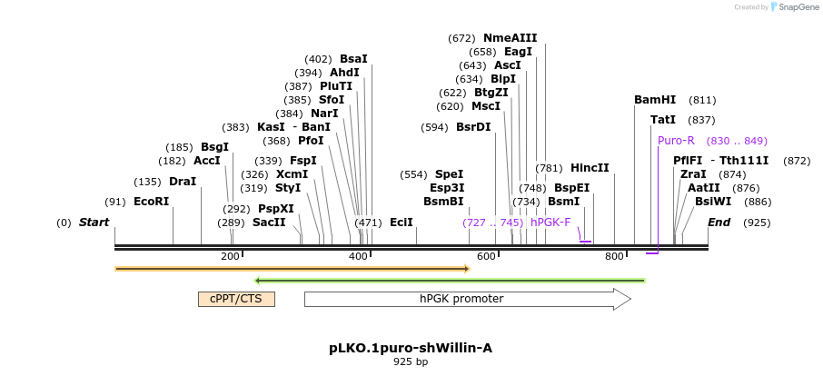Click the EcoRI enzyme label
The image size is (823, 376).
pyautogui.click(x=151, y=202)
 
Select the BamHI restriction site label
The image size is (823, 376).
pyautogui.click(x=655, y=100)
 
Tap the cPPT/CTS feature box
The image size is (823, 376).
pyautogui.click(x=236, y=299)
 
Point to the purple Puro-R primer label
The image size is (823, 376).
pyautogui.click(x=676, y=141)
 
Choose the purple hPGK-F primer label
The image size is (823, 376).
pyautogui.click(x=550, y=223)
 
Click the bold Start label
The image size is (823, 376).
pyautogui.click(x=94, y=223)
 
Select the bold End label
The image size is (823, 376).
pyautogui.click(x=719, y=223)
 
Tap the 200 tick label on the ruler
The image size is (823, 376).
pyautogui.click(x=230, y=256)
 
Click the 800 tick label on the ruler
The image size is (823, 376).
pyautogui.click(x=615, y=256)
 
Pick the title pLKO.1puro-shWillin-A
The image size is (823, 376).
pyautogui.click(x=411, y=348)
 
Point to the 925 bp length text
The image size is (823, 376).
pyautogui.click(x=411, y=361)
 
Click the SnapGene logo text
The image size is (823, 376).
pyautogui.click(x=795, y=7)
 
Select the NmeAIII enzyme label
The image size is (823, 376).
pyautogui.click(x=510, y=38)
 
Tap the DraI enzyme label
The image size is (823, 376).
pyautogui.click(x=183, y=182)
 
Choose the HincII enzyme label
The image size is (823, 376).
pyautogui.click(x=590, y=168)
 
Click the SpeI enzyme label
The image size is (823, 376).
pyautogui.click(x=449, y=174)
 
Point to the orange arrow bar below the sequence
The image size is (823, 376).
pyautogui.click(x=291, y=269)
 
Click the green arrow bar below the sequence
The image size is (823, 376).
pyautogui.click(x=450, y=281)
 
